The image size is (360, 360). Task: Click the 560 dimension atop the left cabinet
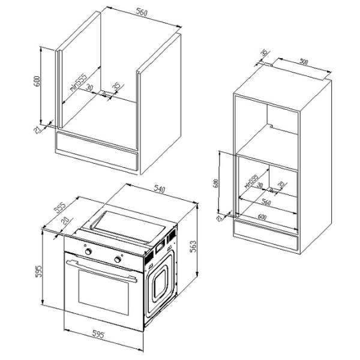coord(142,13)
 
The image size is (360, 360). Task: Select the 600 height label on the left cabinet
coord(37,82)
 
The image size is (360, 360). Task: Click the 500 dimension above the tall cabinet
coord(305,62)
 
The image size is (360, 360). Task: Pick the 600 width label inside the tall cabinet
coord(262,216)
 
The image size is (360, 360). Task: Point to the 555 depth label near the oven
coord(60,208)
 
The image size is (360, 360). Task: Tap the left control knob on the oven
coord(89,253)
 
